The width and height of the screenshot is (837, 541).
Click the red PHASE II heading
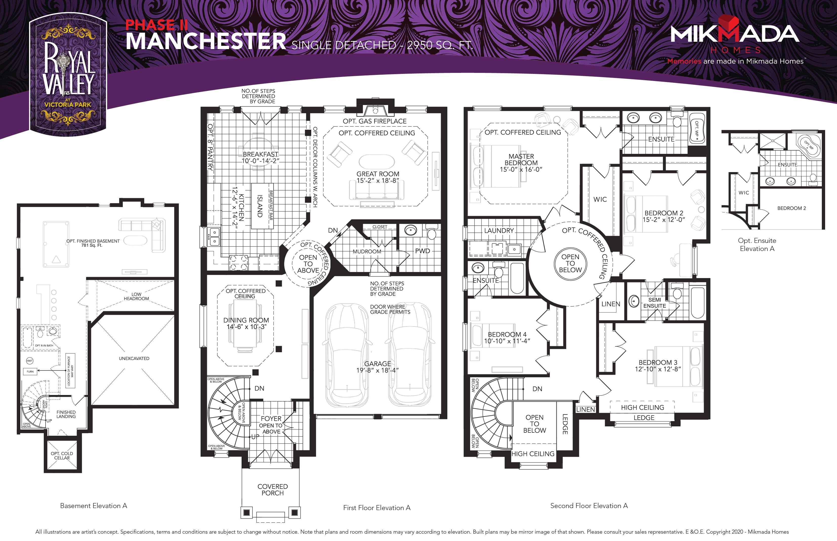[157, 25]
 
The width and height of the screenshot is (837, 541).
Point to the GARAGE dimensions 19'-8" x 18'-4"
[378, 370]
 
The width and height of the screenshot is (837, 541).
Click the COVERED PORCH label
[273, 490]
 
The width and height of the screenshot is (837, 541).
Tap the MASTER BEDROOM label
[521, 159]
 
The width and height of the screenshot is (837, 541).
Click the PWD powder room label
[423, 251]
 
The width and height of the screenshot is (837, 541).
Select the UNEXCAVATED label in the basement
[134, 358]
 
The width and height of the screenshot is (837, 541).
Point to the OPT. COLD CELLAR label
[62, 456]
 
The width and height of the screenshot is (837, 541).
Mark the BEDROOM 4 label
[507, 335]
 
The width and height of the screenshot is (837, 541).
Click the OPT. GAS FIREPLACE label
[374, 121]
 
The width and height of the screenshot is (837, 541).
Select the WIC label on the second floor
[600, 199]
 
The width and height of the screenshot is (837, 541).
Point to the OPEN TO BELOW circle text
[570, 263]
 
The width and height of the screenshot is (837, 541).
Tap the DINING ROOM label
[246, 320]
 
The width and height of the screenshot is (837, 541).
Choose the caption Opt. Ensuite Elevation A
[757, 244]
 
